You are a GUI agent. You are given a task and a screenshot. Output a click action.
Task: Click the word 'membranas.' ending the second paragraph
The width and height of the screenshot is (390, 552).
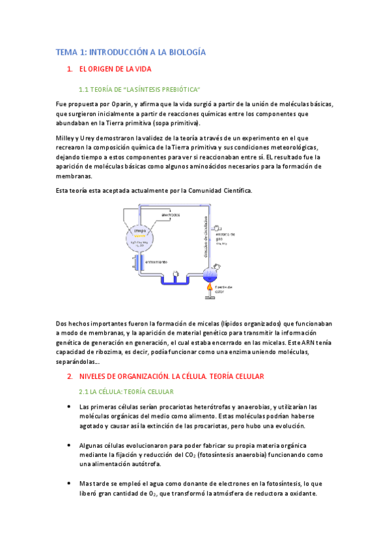[x=74, y=176]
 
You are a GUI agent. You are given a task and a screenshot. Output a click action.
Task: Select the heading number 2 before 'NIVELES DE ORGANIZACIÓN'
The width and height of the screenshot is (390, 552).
[x=70, y=377]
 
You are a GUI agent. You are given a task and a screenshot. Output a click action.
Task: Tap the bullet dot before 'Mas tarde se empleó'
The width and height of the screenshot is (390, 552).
[x=70, y=484]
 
